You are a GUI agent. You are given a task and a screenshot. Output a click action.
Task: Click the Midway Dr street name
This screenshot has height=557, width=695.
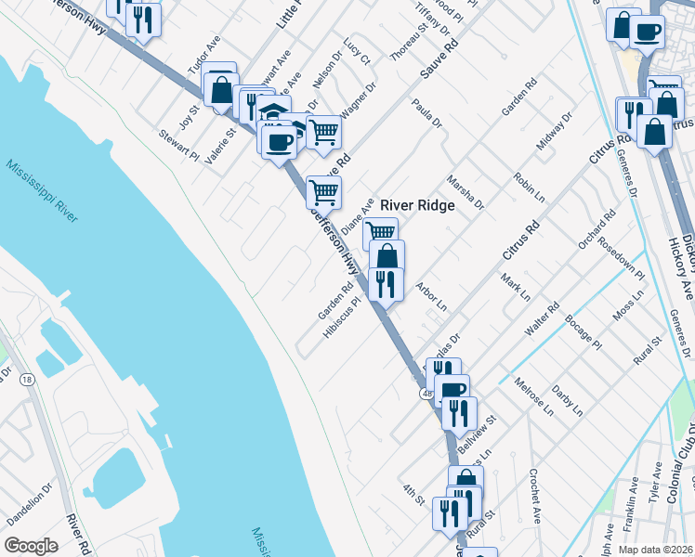click(x=554, y=133)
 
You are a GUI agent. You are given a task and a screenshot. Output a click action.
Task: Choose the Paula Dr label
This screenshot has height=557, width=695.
click(x=427, y=114)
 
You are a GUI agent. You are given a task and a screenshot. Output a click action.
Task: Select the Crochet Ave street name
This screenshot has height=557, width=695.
click(x=535, y=491)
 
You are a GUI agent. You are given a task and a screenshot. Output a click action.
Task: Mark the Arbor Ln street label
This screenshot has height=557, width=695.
click(x=432, y=297)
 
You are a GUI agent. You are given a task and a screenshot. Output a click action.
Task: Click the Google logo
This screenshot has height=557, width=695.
click(x=31, y=546)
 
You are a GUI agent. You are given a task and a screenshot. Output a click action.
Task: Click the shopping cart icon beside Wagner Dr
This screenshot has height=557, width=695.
click(x=322, y=131)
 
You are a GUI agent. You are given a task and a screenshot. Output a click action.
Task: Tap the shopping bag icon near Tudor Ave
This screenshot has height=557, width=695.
click(x=221, y=90)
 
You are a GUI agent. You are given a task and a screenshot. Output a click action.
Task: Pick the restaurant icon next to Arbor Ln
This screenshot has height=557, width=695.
click(x=385, y=283)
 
